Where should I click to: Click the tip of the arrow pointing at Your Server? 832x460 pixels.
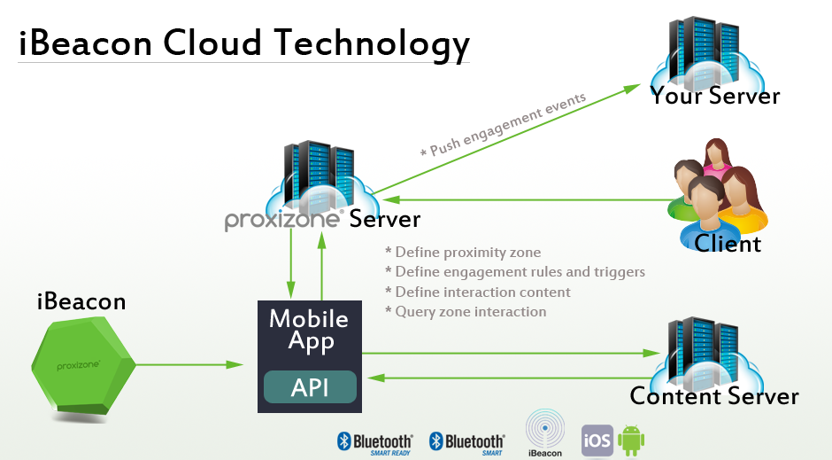pos(641,84)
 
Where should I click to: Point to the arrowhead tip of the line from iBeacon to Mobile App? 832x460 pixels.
pos(243,364)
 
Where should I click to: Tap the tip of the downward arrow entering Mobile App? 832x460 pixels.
pos(291,299)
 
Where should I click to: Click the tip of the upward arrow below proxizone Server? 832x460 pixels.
pos(321,231)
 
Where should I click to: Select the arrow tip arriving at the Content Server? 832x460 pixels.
pos(661,353)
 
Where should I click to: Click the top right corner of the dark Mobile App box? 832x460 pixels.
pos(362,300)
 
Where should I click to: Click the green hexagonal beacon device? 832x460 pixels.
pos(83,366)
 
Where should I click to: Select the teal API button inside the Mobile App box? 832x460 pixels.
pos(310,386)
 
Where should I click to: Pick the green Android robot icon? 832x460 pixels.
pos(631,441)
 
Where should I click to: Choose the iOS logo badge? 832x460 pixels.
pos(597,441)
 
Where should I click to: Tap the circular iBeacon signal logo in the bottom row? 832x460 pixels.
pos(545,429)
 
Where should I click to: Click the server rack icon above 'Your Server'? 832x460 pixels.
pos(704,53)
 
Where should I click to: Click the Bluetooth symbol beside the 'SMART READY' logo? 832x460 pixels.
pos(343,441)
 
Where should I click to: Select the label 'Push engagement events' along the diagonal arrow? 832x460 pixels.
pos(508,125)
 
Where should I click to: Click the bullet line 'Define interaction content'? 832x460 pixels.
pos(477,292)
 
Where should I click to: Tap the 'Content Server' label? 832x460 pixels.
pos(714,396)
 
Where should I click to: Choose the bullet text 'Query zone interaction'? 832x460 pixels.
pos(466,312)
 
